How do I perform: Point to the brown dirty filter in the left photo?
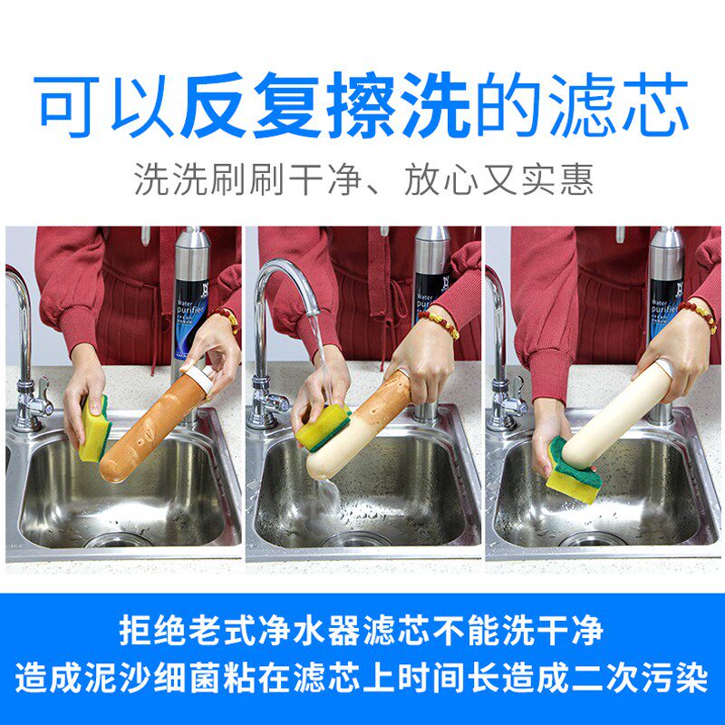point(145,426)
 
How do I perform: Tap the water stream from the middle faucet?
point(320,362)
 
